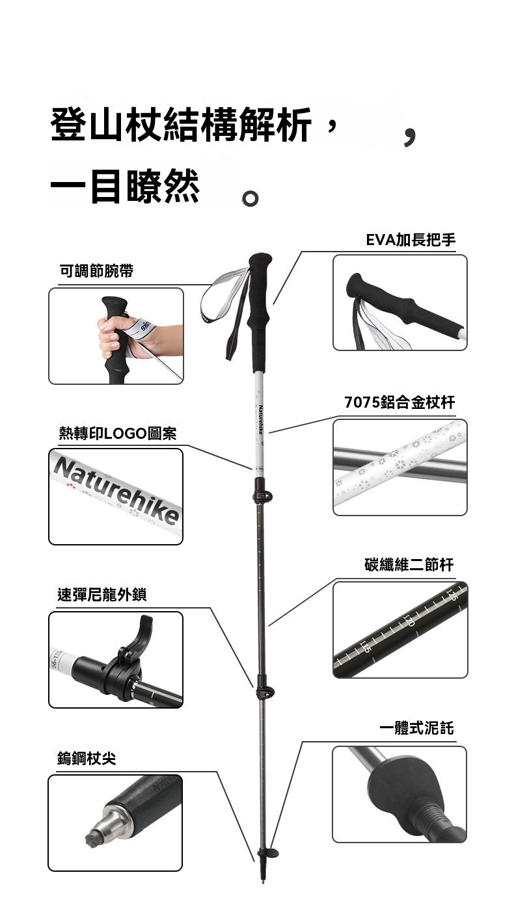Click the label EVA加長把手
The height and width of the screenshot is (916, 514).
[x=411, y=240]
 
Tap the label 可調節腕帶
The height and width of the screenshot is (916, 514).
[x=96, y=270]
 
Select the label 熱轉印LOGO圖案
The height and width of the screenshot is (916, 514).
[x=118, y=433]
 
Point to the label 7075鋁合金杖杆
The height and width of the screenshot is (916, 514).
[x=399, y=402]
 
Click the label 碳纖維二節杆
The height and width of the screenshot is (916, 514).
[x=409, y=565]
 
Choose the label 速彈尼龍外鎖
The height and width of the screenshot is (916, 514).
[x=102, y=595]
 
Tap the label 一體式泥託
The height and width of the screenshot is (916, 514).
[x=416, y=728]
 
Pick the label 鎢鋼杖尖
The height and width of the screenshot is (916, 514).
[x=87, y=758]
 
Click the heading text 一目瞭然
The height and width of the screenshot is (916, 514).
[x=125, y=186]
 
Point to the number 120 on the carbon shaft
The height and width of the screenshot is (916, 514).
[x=409, y=620]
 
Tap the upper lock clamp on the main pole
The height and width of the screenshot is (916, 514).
[x=262, y=495]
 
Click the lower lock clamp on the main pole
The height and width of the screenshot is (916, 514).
[x=265, y=692]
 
